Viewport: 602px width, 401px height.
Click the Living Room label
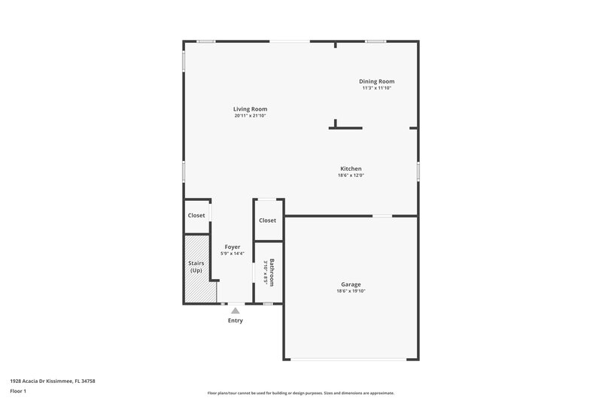pos(250,109)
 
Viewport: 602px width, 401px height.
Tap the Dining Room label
pos(376,81)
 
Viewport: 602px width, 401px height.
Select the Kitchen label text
pos(351,169)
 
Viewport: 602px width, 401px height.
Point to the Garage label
pos(351,284)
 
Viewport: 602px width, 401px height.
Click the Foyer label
pos(233,247)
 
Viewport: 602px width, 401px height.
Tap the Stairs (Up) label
pos(196,266)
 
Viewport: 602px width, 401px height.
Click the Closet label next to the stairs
pos(196,215)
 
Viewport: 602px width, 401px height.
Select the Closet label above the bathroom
pos(267,220)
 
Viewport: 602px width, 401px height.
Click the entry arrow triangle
pos(236,310)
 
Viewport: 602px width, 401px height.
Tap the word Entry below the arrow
pos(236,320)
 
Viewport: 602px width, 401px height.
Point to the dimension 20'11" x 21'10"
pos(250,116)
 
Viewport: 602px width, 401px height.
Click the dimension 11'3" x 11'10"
pos(376,88)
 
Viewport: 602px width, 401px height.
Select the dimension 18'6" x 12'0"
pos(351,175)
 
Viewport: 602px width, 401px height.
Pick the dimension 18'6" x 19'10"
pos(351,291)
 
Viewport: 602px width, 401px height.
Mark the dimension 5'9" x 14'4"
pos(233,254)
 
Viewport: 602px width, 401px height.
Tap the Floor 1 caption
pos(17,392)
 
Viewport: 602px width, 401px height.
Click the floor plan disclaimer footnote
pos(300,393)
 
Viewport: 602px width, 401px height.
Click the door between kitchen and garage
pos(382,217)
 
